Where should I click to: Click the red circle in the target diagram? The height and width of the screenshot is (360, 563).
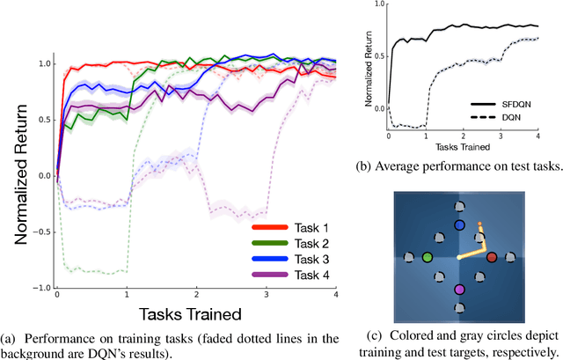pyautogui.click(x=492, y=257)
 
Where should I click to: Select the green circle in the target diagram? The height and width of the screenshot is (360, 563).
pyautogui.click(x=428, y=257)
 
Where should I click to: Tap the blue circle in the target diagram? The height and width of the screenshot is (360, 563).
pyautogui.click(x=459, y=225)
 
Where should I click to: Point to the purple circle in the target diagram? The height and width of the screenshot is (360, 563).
pyautogui.click(x=459, y=289)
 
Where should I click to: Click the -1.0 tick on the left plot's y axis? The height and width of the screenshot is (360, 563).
pyautogui.click(x=40, y=288)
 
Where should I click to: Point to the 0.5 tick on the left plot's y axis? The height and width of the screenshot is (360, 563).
pyautogui.click(x=44, y=120)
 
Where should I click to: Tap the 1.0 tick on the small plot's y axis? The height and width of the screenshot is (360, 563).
pyautogui.click(x=379, y=5)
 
